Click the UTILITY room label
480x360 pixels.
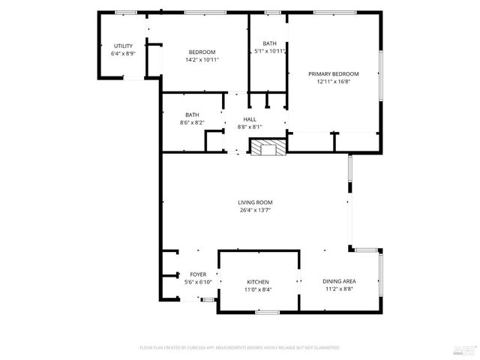tap(123, 46)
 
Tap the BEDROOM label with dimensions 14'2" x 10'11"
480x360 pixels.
tap(202, 52)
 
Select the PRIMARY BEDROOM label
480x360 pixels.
tap(334, 73)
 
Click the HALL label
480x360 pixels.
tap(250, 119)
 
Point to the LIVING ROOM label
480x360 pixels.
tap(255, 202)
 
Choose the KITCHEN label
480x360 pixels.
tap(258, 282)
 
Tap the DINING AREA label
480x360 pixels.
tap(339, 281)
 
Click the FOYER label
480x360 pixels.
tap(198, 274)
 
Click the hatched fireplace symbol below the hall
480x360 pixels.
tap(267, 148)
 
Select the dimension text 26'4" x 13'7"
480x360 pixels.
tap(255, 211)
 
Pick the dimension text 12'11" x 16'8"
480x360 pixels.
tap(334, 82)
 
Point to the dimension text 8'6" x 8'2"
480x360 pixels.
tap(192, 122)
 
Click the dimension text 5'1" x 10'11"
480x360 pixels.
tap(269, 52)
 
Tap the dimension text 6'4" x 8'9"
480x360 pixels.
tap(123, 54)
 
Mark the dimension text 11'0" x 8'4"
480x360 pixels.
tap(258, 289)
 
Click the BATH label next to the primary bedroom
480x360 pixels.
tap(269, 43)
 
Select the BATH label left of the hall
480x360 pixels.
tap(192, 115)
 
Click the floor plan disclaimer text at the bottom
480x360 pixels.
tap(240, 348)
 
